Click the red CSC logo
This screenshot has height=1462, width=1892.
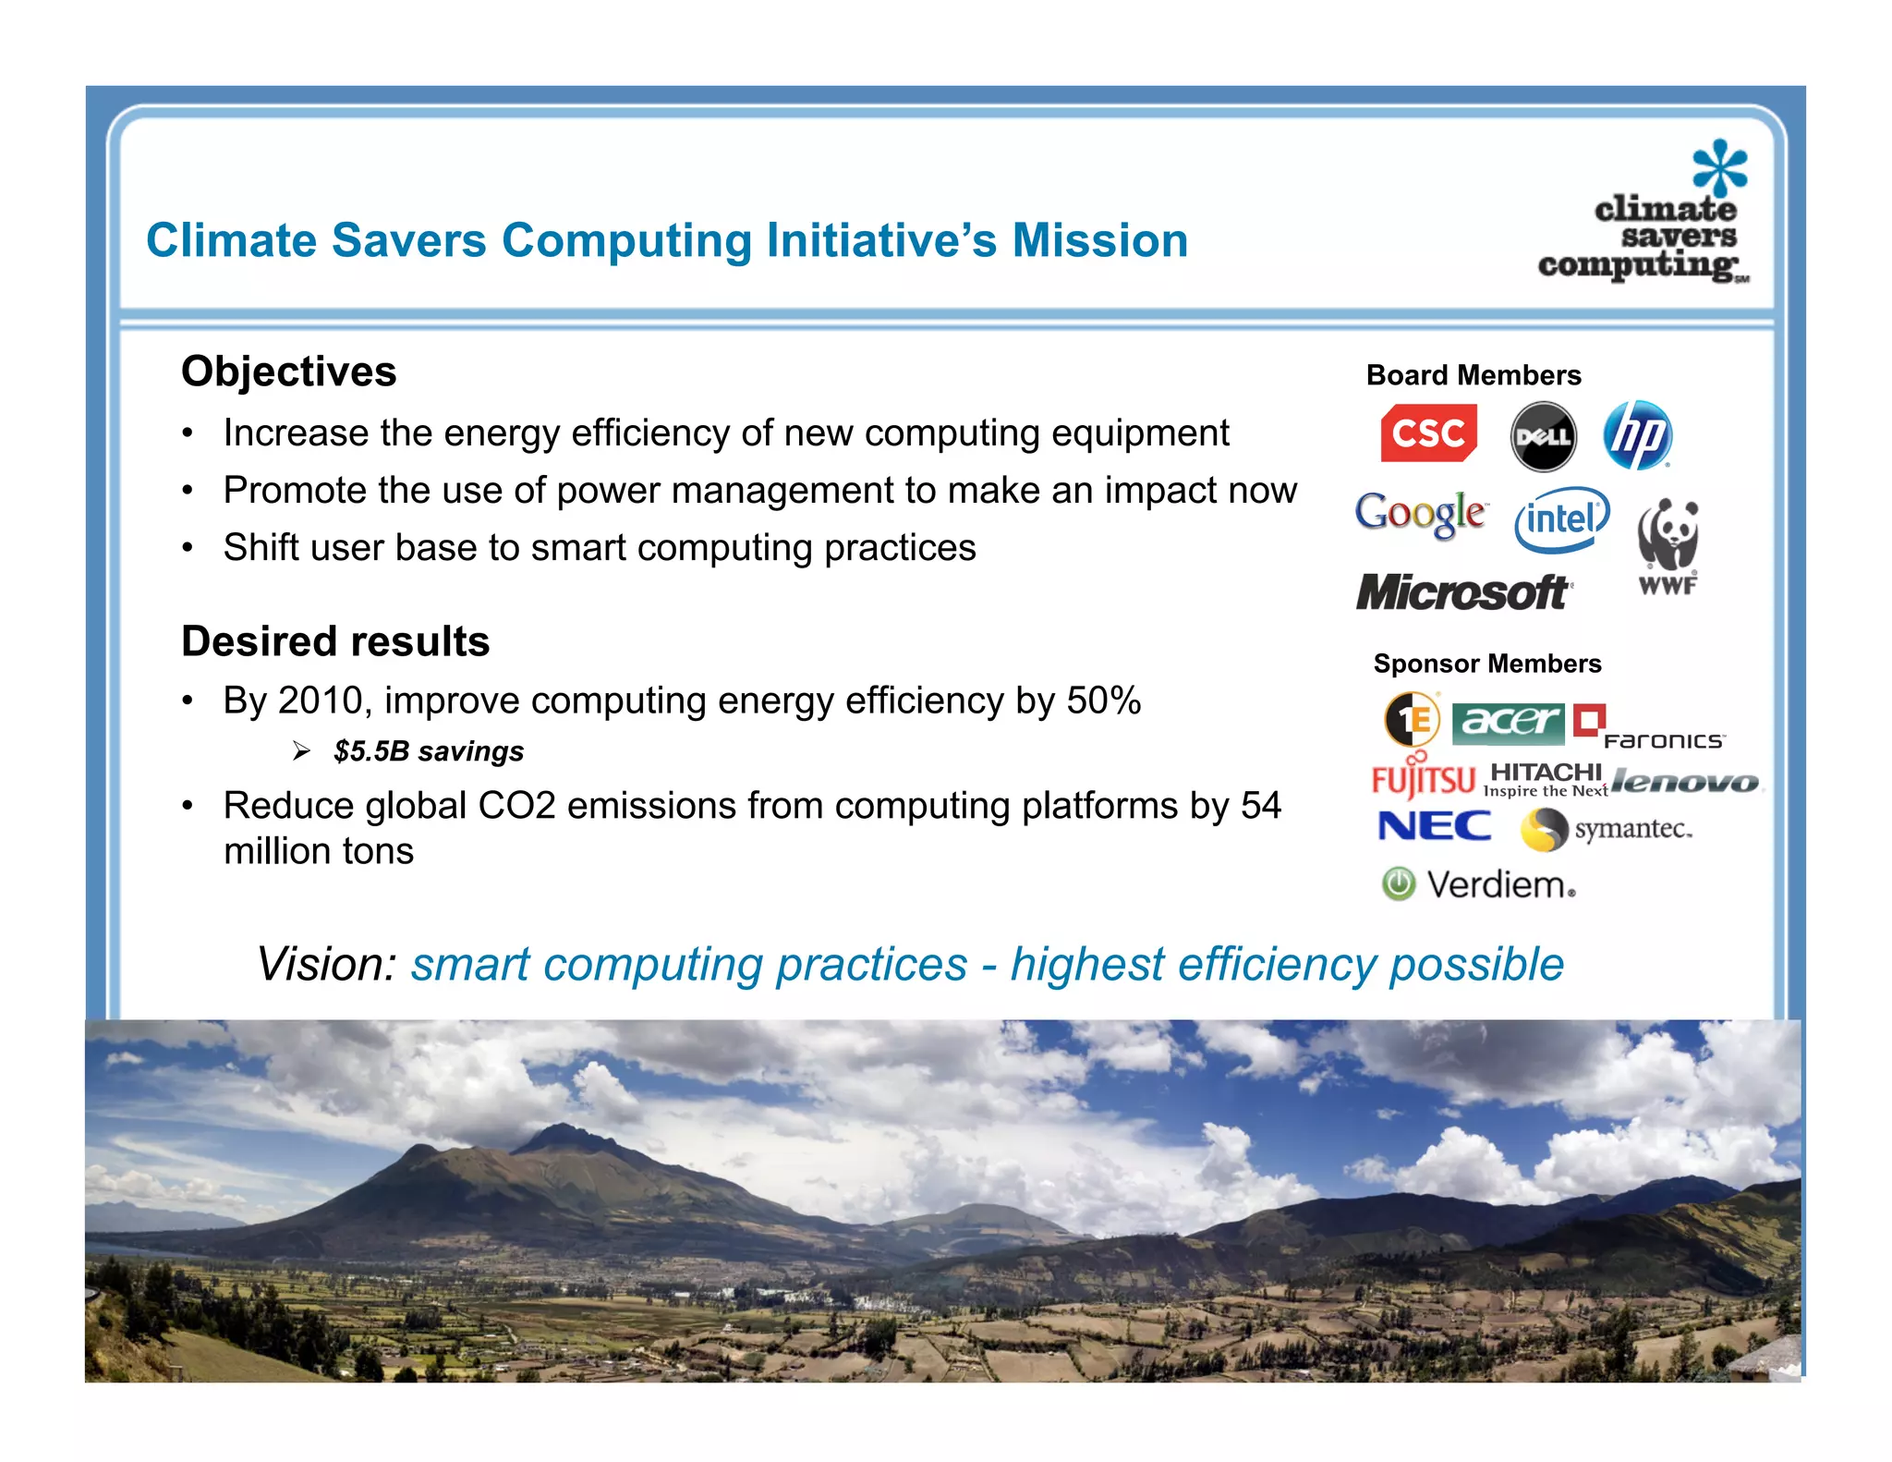(1428, 433)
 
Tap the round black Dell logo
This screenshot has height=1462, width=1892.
(1543, 435)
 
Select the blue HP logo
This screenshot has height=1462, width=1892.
(1638, 434)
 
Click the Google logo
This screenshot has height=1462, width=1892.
(1420, 513)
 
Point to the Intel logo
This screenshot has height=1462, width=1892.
(1561, 518)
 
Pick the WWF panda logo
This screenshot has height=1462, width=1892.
(1668, 546)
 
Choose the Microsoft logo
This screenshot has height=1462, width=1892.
(1462, 592)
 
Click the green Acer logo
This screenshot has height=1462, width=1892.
(1508, 722)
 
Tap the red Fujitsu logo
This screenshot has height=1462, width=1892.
(1423, 780)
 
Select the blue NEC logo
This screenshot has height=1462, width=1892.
(1434, 826)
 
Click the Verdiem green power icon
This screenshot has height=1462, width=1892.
(1399, 884)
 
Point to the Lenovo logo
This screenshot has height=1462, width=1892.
(1685, 783)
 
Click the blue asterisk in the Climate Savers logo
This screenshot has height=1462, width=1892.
(1719, 167)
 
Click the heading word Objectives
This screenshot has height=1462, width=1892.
(288, 372)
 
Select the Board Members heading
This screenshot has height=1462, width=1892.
(1474, 375)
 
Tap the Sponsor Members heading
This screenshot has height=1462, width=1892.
(1487, 664)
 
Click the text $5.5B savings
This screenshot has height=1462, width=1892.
(429, 751)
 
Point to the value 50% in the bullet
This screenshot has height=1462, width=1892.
(1104, 701)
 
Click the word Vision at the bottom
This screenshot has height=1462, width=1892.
(326, 965)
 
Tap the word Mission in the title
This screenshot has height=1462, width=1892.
(1099, 240)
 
